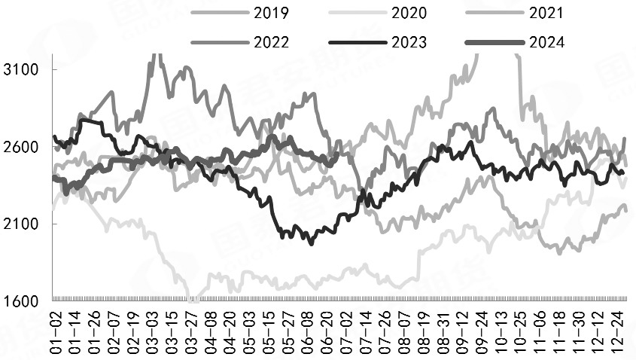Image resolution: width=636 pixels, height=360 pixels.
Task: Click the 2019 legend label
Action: click(272, 13)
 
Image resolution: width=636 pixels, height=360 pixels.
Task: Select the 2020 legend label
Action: click(409, 13)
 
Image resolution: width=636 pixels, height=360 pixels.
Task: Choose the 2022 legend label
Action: click(272, 41)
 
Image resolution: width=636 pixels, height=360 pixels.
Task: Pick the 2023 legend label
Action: click(409, 41)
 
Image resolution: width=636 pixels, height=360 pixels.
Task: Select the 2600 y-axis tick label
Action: click(21, 147)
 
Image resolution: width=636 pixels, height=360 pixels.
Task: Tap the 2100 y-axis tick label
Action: click(21, 224)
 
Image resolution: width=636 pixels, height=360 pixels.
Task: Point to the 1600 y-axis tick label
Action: click(21, 302)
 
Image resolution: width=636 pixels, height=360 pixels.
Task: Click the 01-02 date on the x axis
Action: click(56, 331)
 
